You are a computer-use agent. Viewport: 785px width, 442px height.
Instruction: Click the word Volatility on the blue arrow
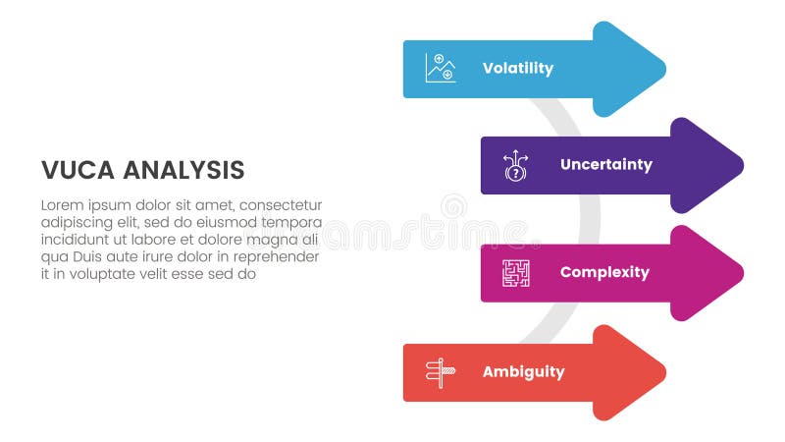(517, 69)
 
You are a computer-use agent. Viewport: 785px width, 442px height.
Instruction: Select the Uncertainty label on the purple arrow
(605, 165)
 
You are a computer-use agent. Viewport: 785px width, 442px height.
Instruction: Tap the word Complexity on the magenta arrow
(604, 272)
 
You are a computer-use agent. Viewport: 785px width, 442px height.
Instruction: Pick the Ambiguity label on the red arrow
(523, 372)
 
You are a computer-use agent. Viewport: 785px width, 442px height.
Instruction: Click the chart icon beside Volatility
(440, 68)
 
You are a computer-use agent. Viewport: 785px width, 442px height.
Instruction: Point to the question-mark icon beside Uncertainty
(515, 165)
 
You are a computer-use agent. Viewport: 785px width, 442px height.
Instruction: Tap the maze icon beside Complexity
(515, 273)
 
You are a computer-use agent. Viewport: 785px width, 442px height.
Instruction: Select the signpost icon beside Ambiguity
(440, 372)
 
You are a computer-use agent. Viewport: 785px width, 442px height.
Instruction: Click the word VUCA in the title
(75, 170)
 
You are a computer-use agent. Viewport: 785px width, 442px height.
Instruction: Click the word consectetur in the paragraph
(281, 205)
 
